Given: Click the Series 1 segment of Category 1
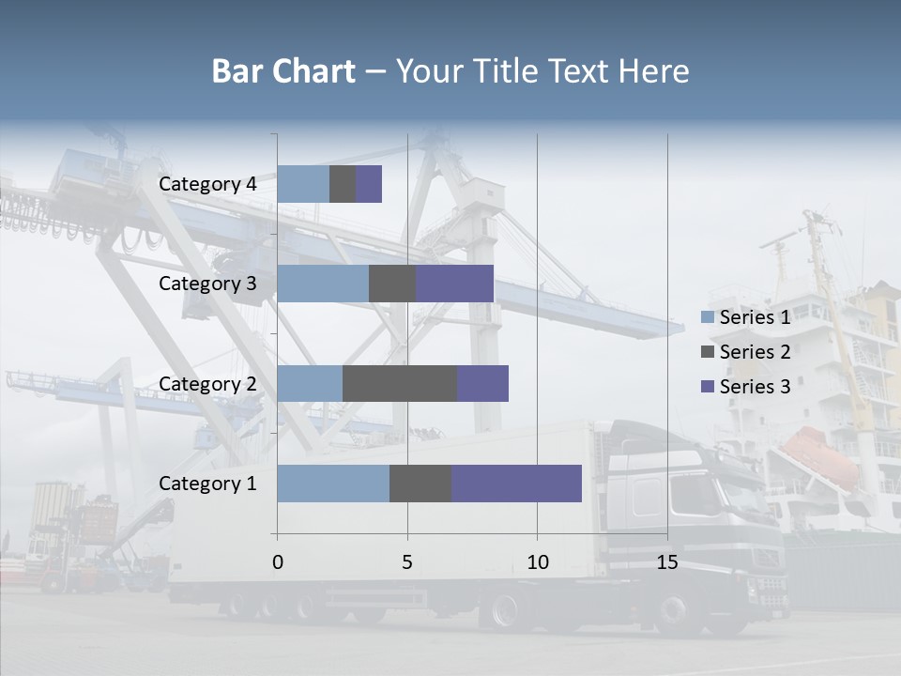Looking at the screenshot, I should tap(332, 484).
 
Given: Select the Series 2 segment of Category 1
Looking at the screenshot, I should tap(420, 484).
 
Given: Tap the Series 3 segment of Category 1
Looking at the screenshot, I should tap(516, 484).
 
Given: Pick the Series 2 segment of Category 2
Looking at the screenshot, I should tap(399, 383).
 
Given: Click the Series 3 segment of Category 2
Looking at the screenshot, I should tap(482, 383).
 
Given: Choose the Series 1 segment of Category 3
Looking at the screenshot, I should tap(322, 284).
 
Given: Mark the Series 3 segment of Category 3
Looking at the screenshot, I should tap(454, 284).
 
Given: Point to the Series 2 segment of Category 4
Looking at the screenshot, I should tap(342, 184).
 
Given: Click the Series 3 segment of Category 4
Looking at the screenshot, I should tap(369, 184).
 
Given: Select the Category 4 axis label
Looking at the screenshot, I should tap(207, 184).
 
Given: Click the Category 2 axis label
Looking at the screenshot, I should tap(207, 383).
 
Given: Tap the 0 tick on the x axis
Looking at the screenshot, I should tap(277, 562).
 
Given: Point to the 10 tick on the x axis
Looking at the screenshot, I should tap(537, 562).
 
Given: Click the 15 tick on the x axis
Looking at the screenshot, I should tap(667, 562).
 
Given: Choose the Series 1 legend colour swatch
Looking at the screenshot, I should tap(707, 317).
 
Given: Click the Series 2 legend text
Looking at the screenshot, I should tap(755, 352).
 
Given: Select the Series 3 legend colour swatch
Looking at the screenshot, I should tap(707, 387).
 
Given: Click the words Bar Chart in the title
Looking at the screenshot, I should tap(283, 71).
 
